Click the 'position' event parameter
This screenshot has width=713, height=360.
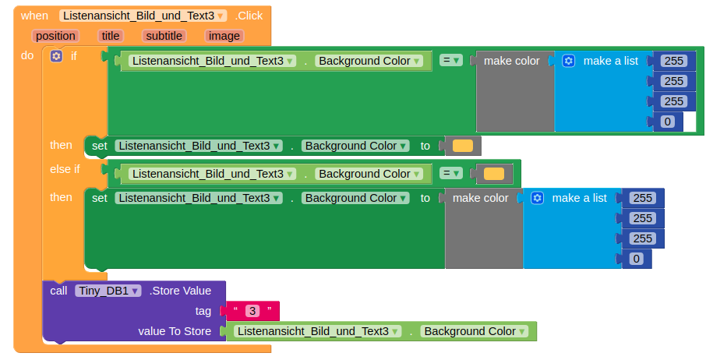coord(55,36)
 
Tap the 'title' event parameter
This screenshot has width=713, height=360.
coord(111,36)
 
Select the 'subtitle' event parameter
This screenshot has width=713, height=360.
coord(164,36)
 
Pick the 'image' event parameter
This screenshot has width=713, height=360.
coord(224,36)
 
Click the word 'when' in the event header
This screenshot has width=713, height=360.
coord(34,16)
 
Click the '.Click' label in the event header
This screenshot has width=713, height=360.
coord(249,16)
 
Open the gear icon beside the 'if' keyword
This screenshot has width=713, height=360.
coord(56,56)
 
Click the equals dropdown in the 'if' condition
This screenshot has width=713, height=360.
coord(450,61)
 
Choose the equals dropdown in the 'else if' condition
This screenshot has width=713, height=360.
coord(450,173)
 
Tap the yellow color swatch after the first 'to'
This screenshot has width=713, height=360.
coord(463,146)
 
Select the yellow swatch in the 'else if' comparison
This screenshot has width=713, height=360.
coord(494,174)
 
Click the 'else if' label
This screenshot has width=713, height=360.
coord(65,169)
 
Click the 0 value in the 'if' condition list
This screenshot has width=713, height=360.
coord(668,122)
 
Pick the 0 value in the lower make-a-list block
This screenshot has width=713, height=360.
coord(636,259)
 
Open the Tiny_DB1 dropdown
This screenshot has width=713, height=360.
coord(108,291)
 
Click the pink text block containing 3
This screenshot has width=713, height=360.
coord(252,311)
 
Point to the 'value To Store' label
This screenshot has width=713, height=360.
coord(175,331)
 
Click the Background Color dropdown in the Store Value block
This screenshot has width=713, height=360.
coord(475,331)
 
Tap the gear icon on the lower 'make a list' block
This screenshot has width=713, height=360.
coord(538,198)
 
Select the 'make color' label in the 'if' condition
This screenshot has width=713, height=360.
coord(511,61)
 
